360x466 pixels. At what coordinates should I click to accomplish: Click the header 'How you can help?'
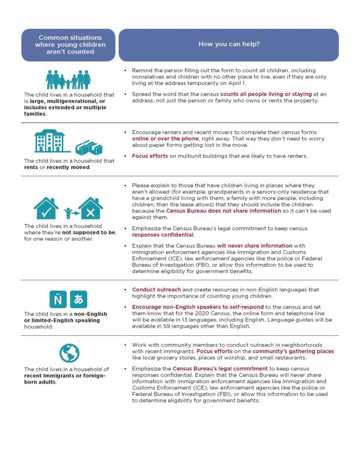pos(229,45)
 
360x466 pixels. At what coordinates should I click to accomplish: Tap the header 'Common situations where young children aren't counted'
pos(70,45)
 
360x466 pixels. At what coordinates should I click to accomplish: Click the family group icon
pos(68,79)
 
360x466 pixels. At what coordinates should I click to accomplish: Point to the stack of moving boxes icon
pos(89,147)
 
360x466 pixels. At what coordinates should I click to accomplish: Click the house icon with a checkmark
pos(46,209)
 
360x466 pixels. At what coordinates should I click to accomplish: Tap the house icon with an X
pos(90,209)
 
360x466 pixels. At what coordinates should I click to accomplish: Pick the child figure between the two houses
pos(69,212)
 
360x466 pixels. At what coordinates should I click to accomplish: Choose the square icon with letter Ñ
pos(58,299)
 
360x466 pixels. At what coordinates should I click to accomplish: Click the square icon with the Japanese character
pos(78,299)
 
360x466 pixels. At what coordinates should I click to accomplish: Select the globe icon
pos(69,353)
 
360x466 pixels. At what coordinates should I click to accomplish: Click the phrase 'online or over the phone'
pos(159,139)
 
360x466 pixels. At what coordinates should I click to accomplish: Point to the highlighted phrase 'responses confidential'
pos(163,235)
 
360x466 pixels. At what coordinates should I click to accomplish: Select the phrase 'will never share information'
pos(254,245)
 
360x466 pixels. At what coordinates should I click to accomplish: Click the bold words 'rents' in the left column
pos(31,167)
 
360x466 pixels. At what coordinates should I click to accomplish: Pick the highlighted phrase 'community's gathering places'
pos(293,351)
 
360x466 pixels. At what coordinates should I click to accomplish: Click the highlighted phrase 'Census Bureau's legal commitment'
pos(220,368)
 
